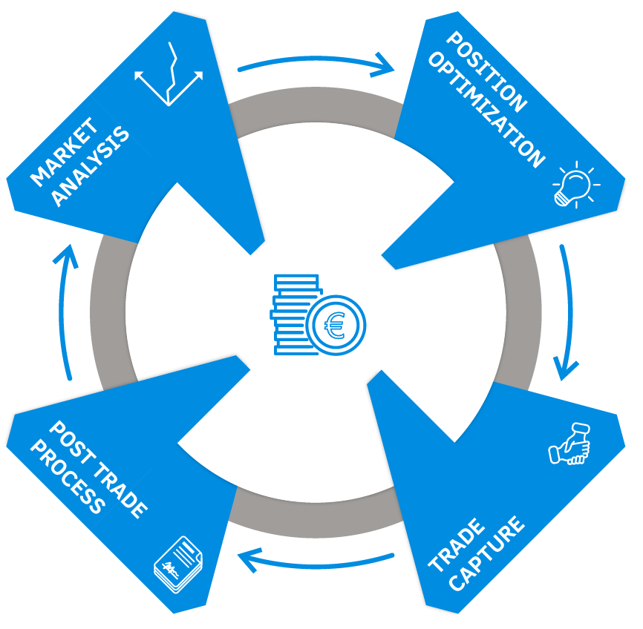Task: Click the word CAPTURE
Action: pyautogui.click(x=486, y=554)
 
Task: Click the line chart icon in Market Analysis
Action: pyautogui.click(x=170, y=74)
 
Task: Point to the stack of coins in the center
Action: pyautogui.click(x=294, y=312)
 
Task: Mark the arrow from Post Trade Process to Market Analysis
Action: pyautogui.click(x=67, y=312)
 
